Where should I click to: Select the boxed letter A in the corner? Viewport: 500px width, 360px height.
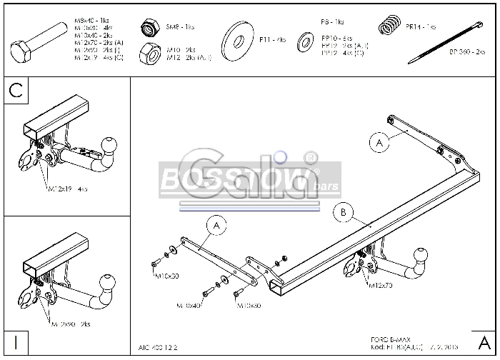pos(484,341)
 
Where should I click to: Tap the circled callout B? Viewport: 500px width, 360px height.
pos(344,212)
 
